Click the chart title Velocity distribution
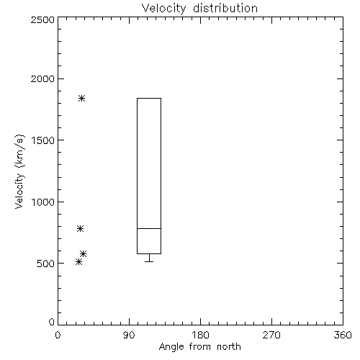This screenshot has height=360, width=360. coord(199,9)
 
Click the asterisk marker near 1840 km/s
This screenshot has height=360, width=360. coord(82,98)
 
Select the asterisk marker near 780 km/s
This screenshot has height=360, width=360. coord(81,228)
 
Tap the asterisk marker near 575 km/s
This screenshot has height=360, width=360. coord(84,253)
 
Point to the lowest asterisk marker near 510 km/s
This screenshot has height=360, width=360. coord(78,261)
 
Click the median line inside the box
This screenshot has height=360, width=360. coord(149,228)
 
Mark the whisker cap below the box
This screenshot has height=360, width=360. coord(149,261)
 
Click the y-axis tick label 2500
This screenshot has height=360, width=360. coord(42,19)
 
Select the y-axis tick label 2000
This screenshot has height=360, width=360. coord(42,78)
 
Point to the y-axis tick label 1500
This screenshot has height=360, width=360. coord(43,140)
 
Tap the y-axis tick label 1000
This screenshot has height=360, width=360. coord(43,202)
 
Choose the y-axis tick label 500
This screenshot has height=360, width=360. coord(46,264)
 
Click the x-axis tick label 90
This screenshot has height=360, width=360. coord(129,335)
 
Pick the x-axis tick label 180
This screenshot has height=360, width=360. coord(200,335)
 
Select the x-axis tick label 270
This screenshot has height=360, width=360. coord(271,335)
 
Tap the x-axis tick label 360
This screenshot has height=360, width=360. coord(343,335)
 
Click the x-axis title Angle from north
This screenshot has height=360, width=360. coord(200,347)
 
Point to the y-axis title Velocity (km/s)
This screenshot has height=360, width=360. coord(19,171)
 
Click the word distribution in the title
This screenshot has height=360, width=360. coord(225,9)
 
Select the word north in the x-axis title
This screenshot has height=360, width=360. coord(229,347)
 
